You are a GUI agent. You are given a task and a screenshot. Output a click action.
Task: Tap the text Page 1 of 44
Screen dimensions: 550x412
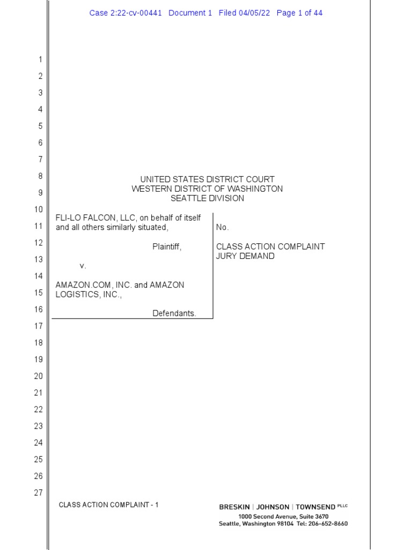tap(299, 13)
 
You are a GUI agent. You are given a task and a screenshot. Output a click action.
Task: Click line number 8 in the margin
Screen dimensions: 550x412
tap(40, 176)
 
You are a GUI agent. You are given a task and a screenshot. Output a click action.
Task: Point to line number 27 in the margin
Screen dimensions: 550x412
tap(38, 493)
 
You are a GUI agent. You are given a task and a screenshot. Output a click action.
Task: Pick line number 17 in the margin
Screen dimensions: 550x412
tap(38, 326)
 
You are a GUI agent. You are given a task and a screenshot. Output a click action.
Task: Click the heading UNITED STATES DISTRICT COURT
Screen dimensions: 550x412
tap(207, 179)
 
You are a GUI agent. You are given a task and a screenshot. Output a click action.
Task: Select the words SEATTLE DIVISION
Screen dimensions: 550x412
tap(207, 198)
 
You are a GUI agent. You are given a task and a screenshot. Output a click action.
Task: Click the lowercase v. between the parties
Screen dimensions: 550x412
tap(83, 266)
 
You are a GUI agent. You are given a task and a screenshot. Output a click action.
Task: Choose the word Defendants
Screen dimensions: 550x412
tap(174, 314)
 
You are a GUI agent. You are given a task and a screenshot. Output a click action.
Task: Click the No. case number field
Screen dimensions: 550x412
tap(222, 228)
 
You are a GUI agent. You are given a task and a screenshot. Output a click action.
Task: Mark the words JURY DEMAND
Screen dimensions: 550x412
tap(245, 256)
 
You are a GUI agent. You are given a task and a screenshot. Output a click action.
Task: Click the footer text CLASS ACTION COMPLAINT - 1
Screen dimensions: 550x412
tap(108, 505)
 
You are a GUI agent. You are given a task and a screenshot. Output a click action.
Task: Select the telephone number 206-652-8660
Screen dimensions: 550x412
tap(328, 524)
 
